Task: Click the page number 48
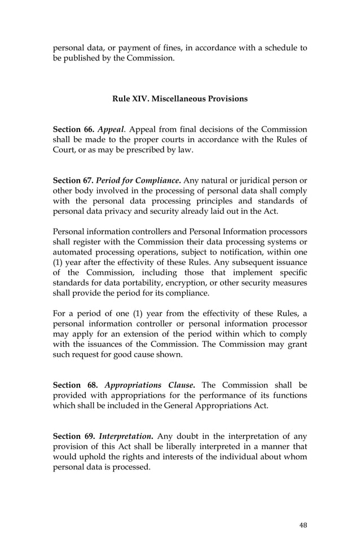303,525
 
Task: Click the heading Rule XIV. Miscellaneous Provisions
179,99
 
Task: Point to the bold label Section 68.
75,385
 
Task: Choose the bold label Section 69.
75,436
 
